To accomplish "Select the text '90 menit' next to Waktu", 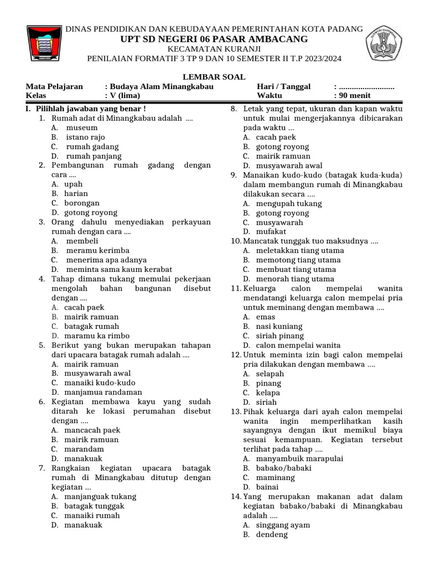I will point(354,96).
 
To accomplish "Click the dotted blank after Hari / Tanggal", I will point(366,87).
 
